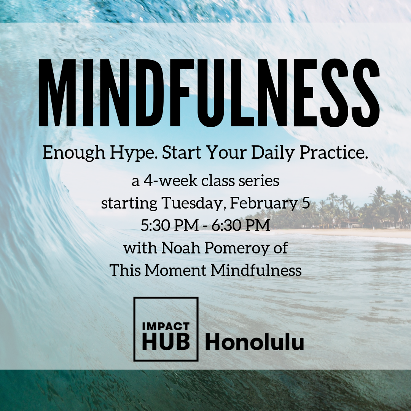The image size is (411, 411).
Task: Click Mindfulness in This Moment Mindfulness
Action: click(x=256, y=270)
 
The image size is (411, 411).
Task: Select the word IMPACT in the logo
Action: click(x=166, y=327)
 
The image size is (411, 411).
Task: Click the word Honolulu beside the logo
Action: click(x=254, y=342)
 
